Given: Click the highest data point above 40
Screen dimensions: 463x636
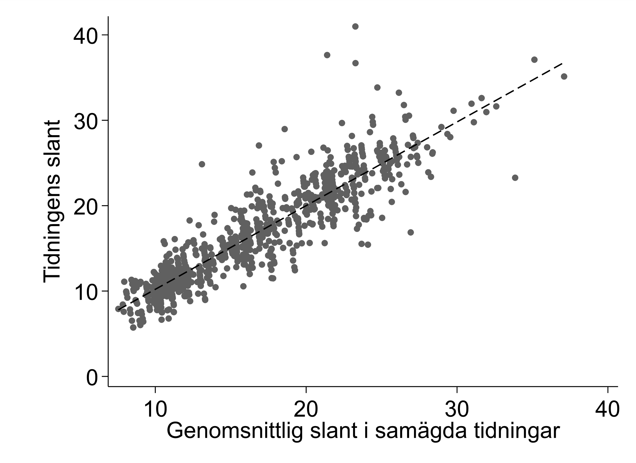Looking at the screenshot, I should pyautogui.click(x=355, y=26).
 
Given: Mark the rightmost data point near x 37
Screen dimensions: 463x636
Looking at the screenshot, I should pyautogui.click(x=564, y=76).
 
